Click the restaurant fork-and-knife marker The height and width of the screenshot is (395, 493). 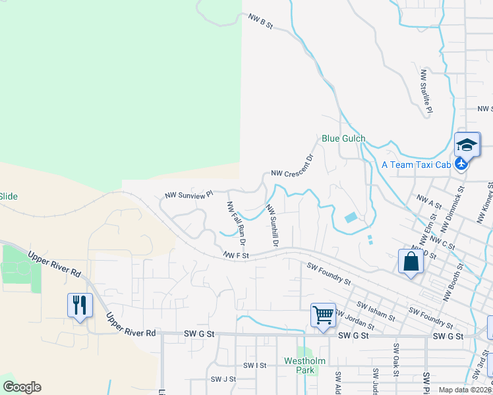[x=80, y=305]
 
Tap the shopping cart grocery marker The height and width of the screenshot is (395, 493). [x=323, y=315]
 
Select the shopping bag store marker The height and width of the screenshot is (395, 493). [x=411, y=261]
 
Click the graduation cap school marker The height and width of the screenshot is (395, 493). [x=467, y=145]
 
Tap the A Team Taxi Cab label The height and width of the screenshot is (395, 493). [x=416, y=165]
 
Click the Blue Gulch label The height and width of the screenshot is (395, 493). [x=343, y=139]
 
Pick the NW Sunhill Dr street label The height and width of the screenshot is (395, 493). [x=273, y=225]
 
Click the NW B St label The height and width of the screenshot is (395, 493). [x=260, y=23]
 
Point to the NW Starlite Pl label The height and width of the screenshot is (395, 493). [x=426, y=93]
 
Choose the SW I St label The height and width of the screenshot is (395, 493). [x=254, y=365]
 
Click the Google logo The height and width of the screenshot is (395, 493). [x=22, y=387]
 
